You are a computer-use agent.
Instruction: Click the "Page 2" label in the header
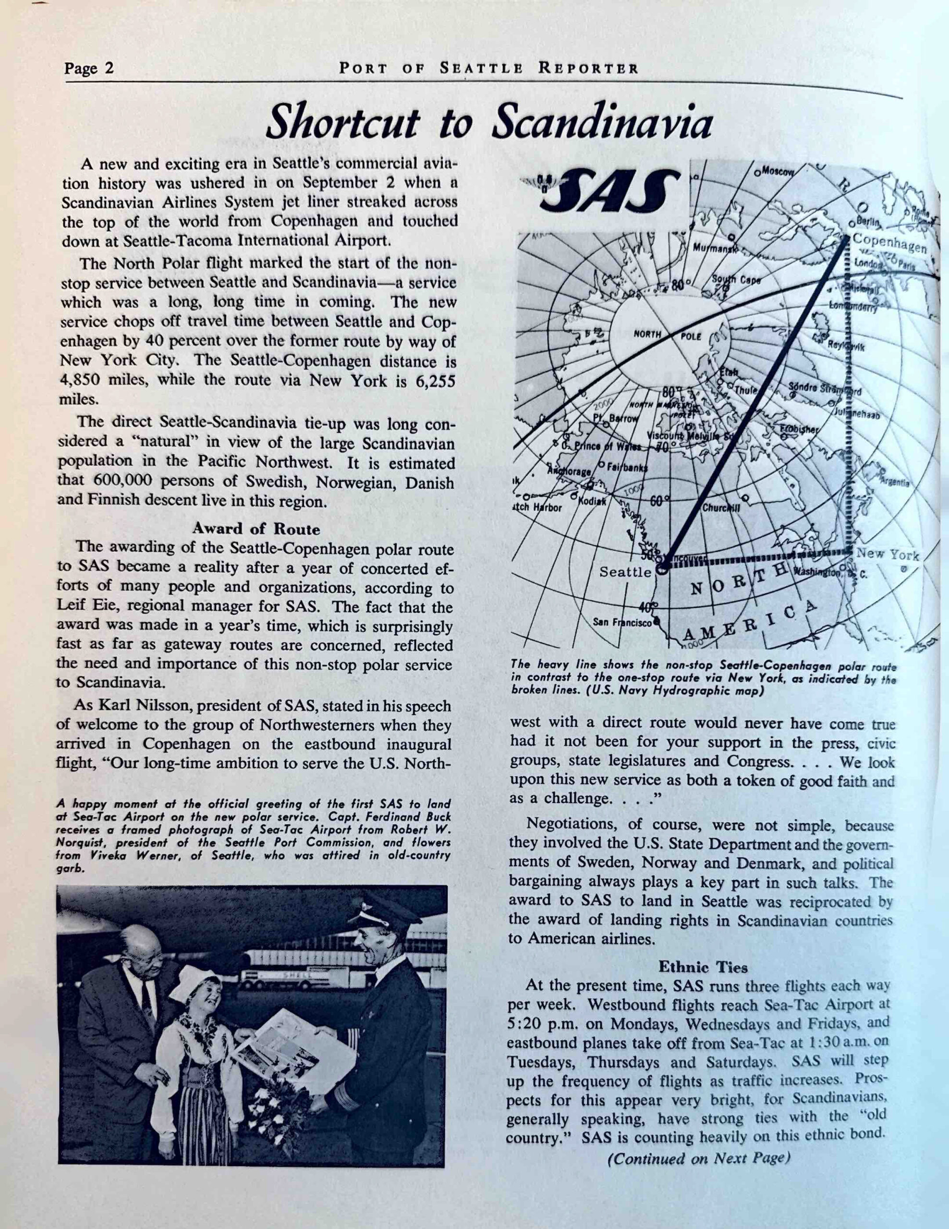pyautogui.click(x=89, y=69)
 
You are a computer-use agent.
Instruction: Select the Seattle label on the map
pyautogui.click(x=625, y=572)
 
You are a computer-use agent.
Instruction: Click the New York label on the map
pyautogui.click(x=887, y=554)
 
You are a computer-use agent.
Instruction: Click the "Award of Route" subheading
pyautogui.click(x=255, y=529)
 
